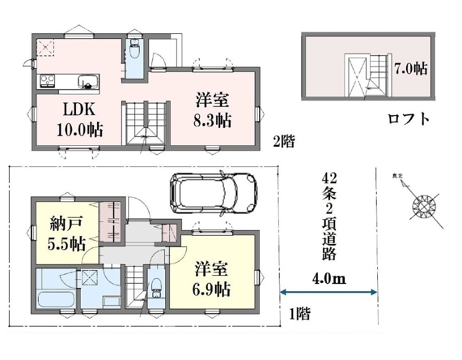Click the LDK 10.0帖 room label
[x=80, y=120]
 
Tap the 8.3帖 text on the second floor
[x=213, y=120]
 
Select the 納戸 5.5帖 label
[x=67, y=233]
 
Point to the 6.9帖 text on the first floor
[x=211, y=289]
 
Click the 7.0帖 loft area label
[x=411, y=69]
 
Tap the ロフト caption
[x=409, y=119]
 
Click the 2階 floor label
[x=284, y=141]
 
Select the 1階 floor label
[x=299, y=314]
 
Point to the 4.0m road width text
[x=329, y=279]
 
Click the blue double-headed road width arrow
[x=329, y=292]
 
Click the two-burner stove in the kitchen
[x=47, y=81]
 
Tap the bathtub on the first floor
[x=55, y=300]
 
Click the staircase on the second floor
[x=146, y=123]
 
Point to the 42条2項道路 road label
[x=329, y=217]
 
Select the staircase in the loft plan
[x=378, y=74]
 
